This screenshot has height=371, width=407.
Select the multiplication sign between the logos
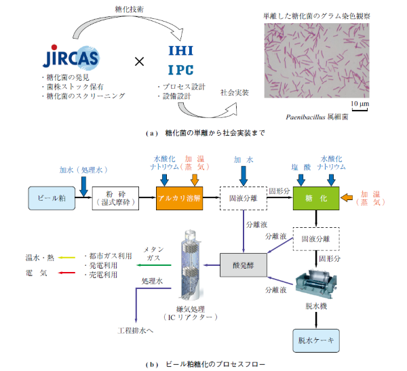139,62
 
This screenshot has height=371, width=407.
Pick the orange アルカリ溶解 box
180,197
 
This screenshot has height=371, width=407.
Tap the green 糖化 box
315,197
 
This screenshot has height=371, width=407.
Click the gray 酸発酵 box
242,263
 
